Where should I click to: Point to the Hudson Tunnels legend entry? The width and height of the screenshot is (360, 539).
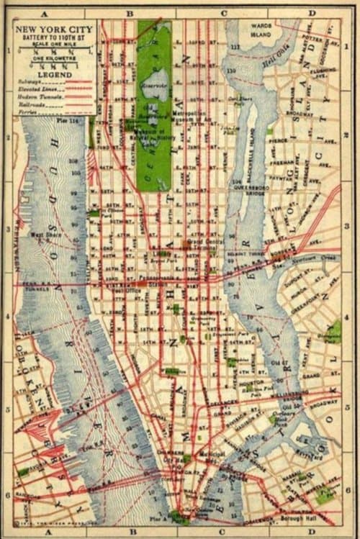point(35,96)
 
